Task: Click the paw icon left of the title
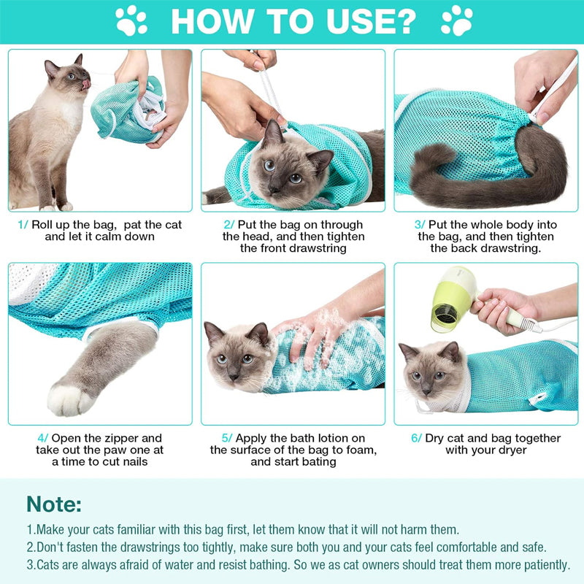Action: (x=131, y=20)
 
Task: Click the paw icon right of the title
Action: (x=456, y=20)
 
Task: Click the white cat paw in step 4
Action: (x=71, y=398)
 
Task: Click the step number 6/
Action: (x=416, y=438)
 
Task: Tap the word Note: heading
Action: (x=54, y=504)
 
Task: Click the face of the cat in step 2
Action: (x=281, y=168)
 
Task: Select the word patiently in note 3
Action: (x=542, y=564)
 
